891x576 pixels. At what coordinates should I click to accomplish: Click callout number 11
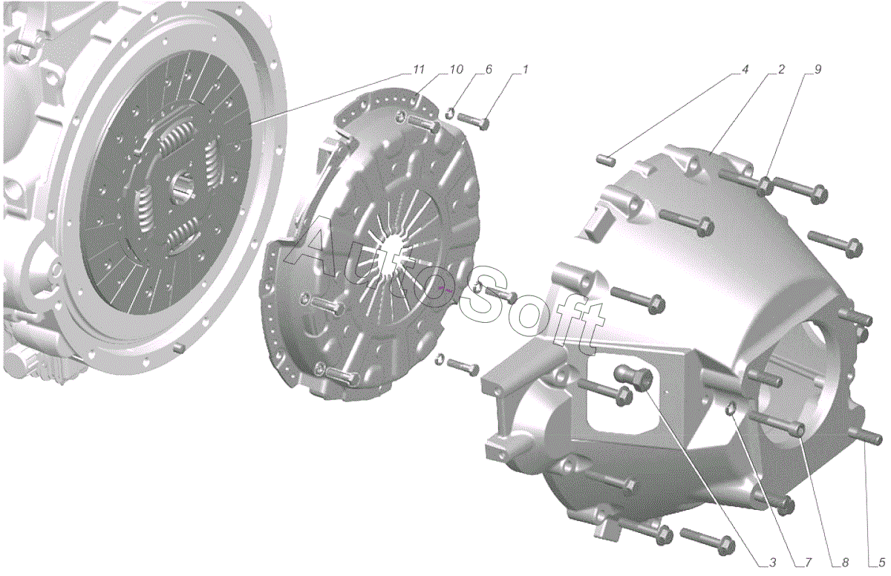(x=419, y=69)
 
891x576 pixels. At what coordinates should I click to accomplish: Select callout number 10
(x=456, y=69)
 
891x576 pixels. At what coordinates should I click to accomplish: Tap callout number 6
(x=489, y=69)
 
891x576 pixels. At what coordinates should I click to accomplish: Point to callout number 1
(x=525, y=69)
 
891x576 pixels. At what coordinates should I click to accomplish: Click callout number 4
(x=745, y=69)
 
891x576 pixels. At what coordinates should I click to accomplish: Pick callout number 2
(x=781, y=69)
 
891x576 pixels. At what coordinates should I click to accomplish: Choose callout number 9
(x=817, y=69)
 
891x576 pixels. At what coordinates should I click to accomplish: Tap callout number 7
(x=808, y=562)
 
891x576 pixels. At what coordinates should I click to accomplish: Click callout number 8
(x=844, y=562)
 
